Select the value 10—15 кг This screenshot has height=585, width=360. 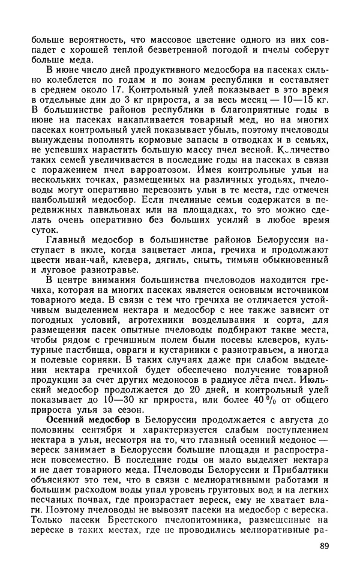point(307,103)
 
